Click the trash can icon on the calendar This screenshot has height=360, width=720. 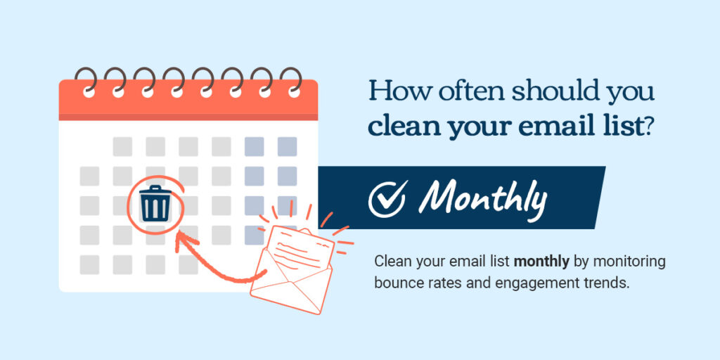[x=155, y=202]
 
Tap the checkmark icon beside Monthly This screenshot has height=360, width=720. [x=387, y=198]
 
